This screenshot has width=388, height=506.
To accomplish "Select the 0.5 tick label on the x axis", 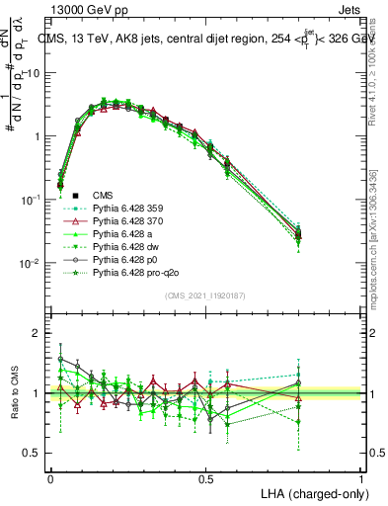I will tap(205, 477).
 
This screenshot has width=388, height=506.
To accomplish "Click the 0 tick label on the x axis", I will tap(50, 477).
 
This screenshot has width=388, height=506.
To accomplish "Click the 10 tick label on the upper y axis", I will tap(35, 73).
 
